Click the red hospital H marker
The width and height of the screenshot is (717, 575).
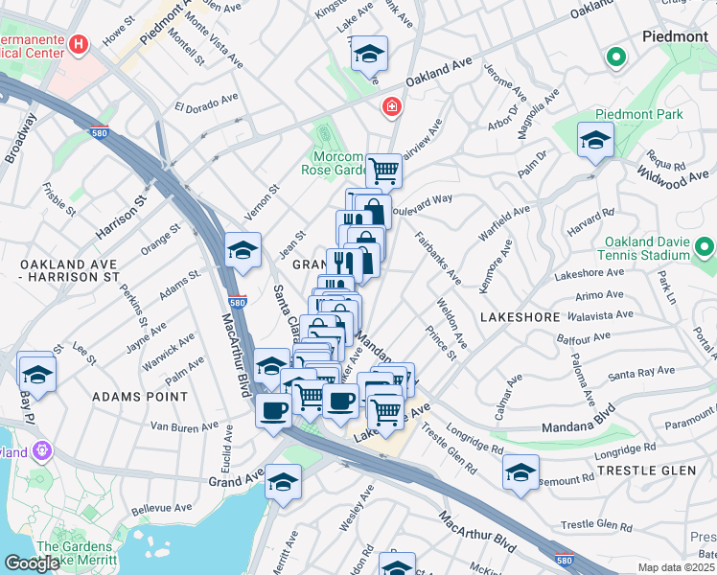point(79,44)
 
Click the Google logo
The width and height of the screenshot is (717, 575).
point(32,563)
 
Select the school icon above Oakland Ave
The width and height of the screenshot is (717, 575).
point(368,56)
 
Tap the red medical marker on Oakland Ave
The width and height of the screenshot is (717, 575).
point(390,105)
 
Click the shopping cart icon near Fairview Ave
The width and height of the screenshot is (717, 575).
point(383,171)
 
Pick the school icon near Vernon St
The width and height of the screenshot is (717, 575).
point(243,251)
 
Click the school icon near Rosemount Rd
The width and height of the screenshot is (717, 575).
point(521,472)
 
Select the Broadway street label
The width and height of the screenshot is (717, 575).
point(19,139)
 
